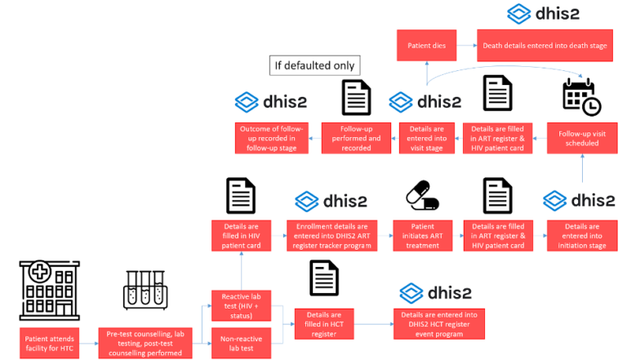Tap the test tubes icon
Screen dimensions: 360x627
pyautogui.click(x=144, y=291)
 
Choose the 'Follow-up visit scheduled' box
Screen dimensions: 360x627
pyautogui.click(x=582, y=137)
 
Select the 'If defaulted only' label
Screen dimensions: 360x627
pyautogui.click(x=315, y=65)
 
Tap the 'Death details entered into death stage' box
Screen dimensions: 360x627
pyautogui.click(x=543, y=45)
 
